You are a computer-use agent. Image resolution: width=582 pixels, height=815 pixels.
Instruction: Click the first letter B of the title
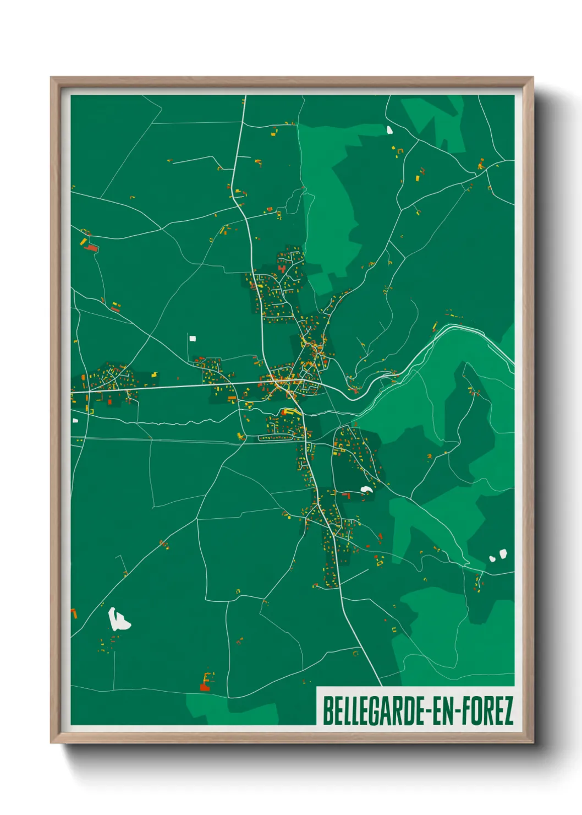327,711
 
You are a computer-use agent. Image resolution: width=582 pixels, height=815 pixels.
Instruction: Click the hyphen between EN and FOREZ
458,712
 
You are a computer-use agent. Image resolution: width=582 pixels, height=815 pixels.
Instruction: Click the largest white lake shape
118,620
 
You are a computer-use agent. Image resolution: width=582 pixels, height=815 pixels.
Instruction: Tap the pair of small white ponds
498,556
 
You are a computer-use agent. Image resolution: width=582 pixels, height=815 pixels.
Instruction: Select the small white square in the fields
193,338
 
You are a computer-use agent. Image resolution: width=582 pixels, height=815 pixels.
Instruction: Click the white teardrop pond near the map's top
389,131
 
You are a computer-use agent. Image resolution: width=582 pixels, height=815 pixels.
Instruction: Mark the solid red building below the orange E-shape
205,687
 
